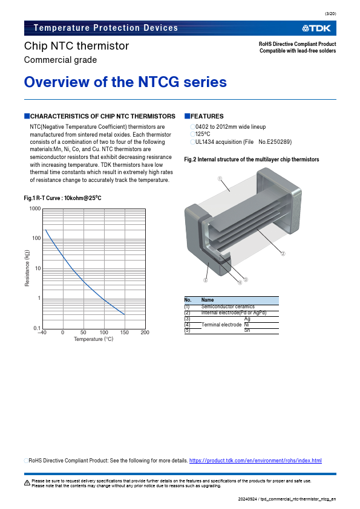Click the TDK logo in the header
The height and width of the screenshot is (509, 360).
coord(316,28)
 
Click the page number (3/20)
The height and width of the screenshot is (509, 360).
coord(330,14)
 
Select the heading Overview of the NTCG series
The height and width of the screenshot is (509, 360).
coord(125,82)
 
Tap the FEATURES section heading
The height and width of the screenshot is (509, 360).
coord(207,116)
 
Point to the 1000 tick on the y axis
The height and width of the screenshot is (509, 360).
coord(35,209)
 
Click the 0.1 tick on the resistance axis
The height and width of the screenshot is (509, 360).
coord(37,328)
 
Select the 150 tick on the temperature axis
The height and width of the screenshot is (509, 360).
coord(125,332)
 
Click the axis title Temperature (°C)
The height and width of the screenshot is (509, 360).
coord(94,339)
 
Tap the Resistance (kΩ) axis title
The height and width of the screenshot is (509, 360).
coord(27,268)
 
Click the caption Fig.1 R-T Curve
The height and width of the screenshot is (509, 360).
coord(62,198)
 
